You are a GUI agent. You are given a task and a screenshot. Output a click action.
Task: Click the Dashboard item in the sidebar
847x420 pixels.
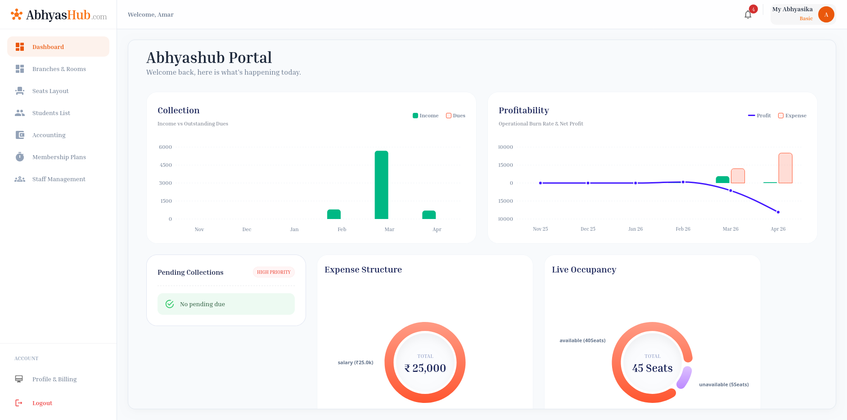[x=48, y=47]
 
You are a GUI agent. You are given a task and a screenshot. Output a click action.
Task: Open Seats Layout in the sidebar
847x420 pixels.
[x=50, y=91]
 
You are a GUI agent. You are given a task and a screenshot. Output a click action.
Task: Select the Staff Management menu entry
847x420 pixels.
[x=59, y=179]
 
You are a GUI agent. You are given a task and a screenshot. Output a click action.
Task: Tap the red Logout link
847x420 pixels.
[x=42, y=403]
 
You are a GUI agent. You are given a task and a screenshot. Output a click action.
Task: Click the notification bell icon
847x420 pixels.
[x=748, y=15]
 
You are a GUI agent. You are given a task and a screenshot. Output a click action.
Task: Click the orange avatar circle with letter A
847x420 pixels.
[x=826, y=14]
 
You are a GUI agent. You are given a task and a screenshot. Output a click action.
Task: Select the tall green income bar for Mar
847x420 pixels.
[x=381, y=184]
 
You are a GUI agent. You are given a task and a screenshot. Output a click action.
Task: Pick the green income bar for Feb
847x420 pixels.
[x=334, y=214]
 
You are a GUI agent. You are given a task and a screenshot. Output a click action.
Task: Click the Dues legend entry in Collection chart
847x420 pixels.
[x=455, y=116]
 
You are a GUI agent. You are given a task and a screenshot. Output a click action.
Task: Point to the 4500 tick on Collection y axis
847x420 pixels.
[x=166, y=165]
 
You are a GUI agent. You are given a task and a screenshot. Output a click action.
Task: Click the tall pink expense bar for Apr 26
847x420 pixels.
[x=785, y=168]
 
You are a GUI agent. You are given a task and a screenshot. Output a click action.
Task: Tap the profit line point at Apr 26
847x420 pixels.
[x=778, y=212]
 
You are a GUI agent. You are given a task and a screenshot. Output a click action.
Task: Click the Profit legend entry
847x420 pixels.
[x=759, y=116]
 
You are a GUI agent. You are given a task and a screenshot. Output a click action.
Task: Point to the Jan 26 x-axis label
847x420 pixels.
[x=635, y=229]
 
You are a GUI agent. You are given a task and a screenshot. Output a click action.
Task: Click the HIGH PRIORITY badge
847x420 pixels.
[x=274, y=272]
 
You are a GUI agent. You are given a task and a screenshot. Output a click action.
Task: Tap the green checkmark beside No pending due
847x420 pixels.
[x=170, y=304]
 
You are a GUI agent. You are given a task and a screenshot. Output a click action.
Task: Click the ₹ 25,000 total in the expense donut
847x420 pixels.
[x=425, y=368]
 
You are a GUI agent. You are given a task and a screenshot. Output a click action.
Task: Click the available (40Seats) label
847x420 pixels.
[x=582, y=340]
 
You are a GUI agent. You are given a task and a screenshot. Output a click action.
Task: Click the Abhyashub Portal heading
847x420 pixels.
[x=209, y=58]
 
